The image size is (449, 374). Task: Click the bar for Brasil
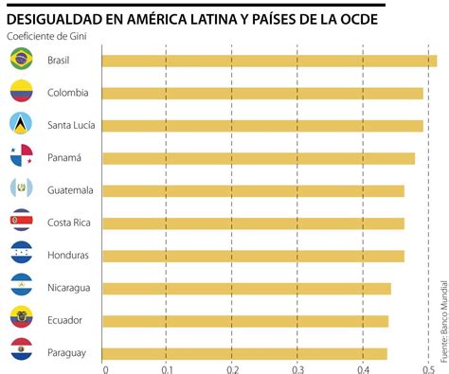pyautogui.click(x=269, y=62)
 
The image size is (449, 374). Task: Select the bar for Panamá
pyautogui.click(x=258, y=158)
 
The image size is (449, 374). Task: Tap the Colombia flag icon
pyautogui.click(x=21, y=93)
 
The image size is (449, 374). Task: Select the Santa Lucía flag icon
pyautogui.click(x=21, y=125)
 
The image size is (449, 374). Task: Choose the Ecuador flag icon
pyautogui.click(x=21, y=320)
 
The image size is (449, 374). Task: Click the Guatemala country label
pyautogui.click(x=69, y=190)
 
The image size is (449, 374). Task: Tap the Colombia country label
pyautogui.click(x=67, y=93)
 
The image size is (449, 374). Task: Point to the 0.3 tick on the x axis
pyautogui.click(x=297, y=368)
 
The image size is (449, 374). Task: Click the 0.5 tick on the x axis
pyautogui.click(x=428, y=368)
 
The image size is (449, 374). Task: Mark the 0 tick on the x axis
pyautogui.click(x=105, y=368)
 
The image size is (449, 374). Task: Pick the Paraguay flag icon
pyautogui.click(x=21, y=352)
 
